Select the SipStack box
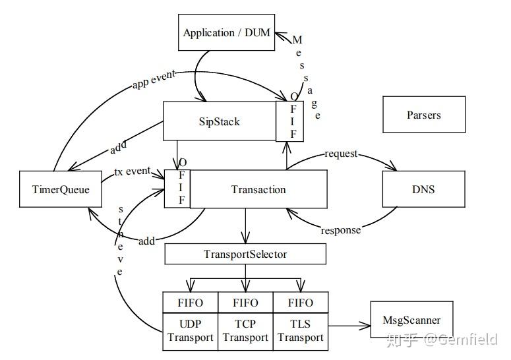220,121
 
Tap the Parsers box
423,115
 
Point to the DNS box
423,189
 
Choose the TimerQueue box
60,189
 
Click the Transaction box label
258,189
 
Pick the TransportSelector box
245,254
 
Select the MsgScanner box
411,321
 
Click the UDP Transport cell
191,331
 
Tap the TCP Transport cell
245,331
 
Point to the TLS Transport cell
301,331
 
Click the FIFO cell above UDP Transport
191,303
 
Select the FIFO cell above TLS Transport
301,303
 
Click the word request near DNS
341,154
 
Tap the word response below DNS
340,230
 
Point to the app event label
154,78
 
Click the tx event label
133,171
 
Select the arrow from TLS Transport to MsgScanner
349,325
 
